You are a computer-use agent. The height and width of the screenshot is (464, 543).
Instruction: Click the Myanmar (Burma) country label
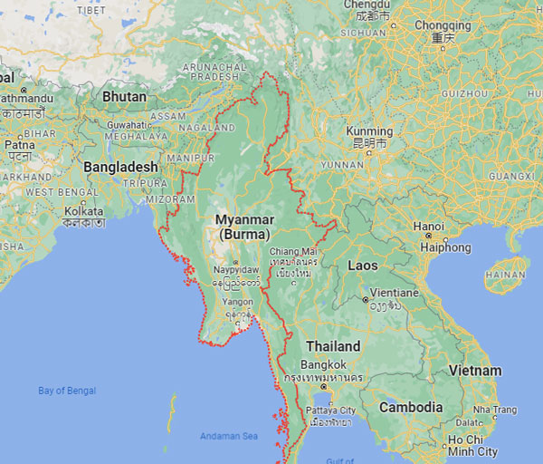242,227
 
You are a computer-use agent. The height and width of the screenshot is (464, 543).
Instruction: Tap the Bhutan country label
125,95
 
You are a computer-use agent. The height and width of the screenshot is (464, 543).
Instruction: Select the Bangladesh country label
120,167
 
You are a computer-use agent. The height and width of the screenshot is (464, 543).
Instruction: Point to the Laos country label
363,266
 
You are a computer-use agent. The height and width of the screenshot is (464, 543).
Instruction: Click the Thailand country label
333,345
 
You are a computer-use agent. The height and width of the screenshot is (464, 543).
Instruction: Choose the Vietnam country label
475,370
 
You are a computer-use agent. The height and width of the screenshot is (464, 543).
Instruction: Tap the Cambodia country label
411,407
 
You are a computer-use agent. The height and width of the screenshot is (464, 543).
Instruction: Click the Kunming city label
369,131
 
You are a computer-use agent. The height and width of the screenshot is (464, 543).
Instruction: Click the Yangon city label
236,303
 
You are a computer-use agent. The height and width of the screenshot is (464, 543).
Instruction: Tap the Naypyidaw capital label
236,270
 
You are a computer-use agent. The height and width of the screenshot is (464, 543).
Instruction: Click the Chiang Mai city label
295,250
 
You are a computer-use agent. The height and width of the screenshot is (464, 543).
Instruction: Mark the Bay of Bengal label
67,391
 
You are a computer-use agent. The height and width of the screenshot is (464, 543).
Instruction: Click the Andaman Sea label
228,436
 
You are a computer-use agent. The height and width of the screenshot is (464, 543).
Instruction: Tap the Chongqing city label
443,25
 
